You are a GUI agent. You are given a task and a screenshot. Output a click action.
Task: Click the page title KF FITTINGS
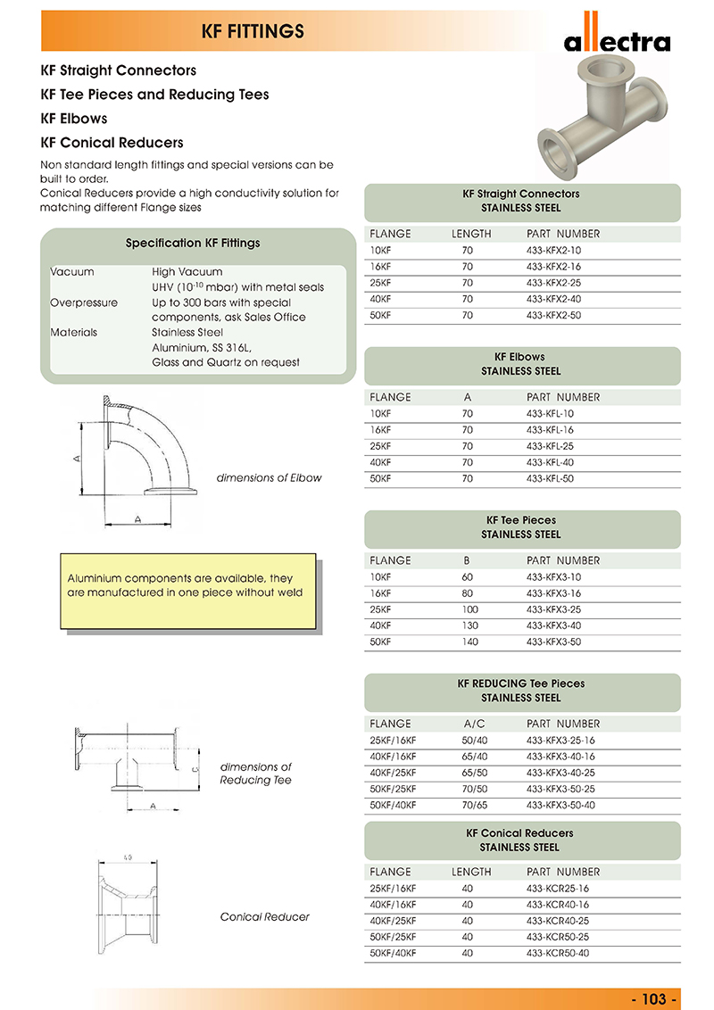254,32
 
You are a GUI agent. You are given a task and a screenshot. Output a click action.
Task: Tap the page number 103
655,998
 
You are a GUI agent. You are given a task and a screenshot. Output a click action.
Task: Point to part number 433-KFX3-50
553,642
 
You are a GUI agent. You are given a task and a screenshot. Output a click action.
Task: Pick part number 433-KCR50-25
558,937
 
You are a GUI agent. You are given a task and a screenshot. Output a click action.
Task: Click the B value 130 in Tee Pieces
470,625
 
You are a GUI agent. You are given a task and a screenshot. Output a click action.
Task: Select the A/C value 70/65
475,805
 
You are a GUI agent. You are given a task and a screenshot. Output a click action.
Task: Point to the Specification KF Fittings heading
193,243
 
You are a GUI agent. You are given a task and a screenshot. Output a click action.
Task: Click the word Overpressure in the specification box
84,302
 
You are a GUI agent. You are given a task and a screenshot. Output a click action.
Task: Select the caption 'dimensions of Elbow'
269,477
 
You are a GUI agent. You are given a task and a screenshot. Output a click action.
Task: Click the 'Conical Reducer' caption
265,916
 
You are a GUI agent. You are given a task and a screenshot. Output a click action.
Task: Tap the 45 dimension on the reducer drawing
128,858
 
